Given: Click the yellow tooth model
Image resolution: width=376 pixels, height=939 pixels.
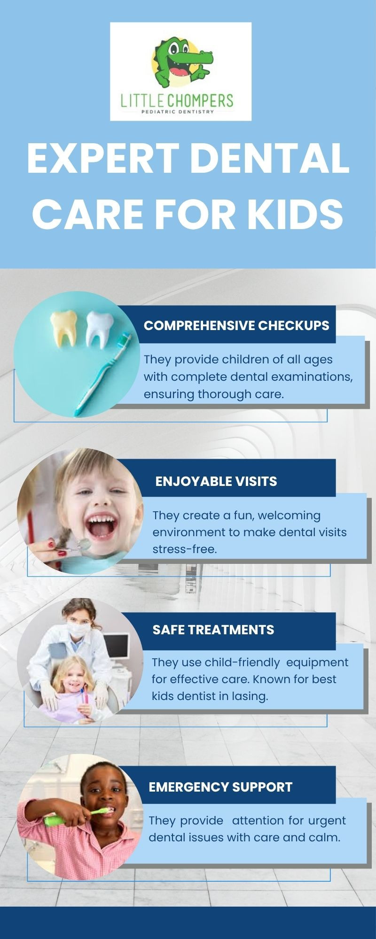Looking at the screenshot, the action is click(x=63, y=327).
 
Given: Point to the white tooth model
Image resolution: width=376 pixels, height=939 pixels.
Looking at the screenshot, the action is click(x=100, y=330).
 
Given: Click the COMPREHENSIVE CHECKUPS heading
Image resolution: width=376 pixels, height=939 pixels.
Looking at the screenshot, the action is click(x=236, y=325).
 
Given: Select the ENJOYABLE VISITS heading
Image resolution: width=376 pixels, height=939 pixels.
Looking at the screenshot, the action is click(x=216, y=481).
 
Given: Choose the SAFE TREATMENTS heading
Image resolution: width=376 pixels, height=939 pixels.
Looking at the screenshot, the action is click(x=213, y=630).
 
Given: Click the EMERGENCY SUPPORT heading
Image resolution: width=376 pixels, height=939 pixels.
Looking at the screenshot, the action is click(x=220, y=787).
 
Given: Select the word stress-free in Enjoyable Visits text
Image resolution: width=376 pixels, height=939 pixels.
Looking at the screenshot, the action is click(x=185, y=549).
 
